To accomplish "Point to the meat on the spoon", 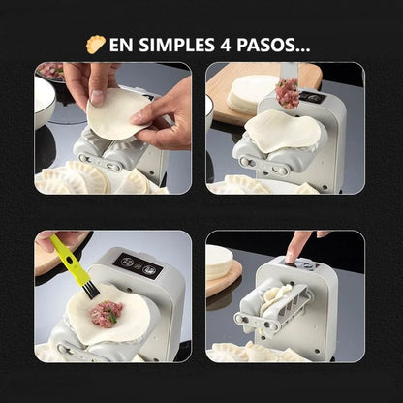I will coord(287,94).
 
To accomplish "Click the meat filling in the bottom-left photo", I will coord(108,312).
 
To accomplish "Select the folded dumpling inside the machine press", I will coord(277,299).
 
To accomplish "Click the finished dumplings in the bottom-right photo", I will coord(242,351).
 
